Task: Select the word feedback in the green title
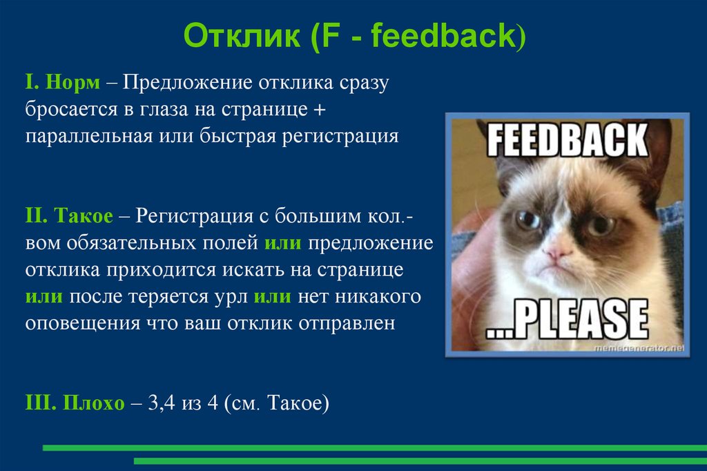pos(443,37)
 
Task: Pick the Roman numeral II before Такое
pos(35,217)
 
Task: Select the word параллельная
pos(88,135)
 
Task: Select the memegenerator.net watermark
pos(639,349)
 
